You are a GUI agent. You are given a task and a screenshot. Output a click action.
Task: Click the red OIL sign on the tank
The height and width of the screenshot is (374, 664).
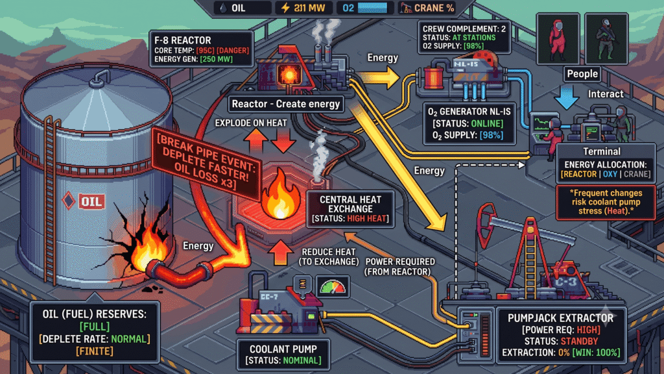[x=91, y=201]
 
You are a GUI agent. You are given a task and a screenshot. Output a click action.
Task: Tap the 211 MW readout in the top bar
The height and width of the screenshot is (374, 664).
[x=303, y=8]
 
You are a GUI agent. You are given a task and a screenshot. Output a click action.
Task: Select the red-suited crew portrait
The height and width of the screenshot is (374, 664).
[x=558, y=39]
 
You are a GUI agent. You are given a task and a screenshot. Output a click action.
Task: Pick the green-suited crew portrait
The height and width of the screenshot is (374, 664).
[x=606, y=39]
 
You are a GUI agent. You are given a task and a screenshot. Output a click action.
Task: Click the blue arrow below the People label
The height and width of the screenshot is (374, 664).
[x=566, y=97]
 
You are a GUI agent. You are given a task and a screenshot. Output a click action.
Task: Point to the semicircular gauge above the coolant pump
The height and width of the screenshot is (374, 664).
[x=333, y=286]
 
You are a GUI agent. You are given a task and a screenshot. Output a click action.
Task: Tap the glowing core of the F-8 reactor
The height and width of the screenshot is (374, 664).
[x=290, y=75]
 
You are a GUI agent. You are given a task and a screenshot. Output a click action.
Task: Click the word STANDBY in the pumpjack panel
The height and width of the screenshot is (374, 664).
[x=579, y=342]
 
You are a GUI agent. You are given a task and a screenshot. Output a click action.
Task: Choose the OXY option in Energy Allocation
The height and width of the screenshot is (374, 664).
[x=610, y=174]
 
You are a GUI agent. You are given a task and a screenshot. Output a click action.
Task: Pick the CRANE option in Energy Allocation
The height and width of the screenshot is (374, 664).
[x=636, y=174]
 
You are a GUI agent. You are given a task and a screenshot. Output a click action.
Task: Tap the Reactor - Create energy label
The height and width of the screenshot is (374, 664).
[x=286, y=104]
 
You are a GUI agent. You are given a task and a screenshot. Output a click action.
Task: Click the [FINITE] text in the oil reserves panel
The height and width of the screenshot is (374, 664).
[x=95, y=351]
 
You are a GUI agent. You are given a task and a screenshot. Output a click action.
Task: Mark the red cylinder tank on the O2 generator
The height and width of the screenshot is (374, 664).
[x=433, y=77]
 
